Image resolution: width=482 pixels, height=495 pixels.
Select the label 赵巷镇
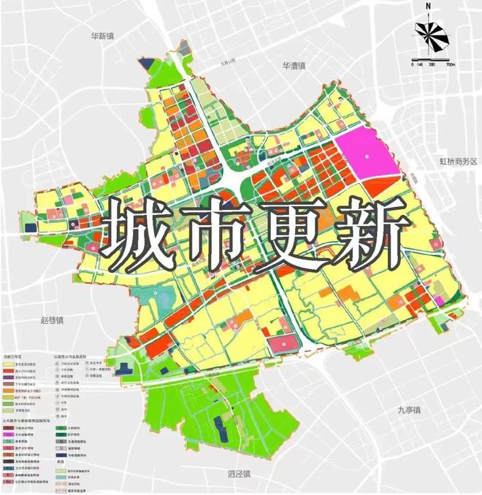(x=53, y=319)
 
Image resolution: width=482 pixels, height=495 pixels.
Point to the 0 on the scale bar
(x=413, y=65)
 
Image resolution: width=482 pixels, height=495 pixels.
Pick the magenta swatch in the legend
(x=10, y=441)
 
